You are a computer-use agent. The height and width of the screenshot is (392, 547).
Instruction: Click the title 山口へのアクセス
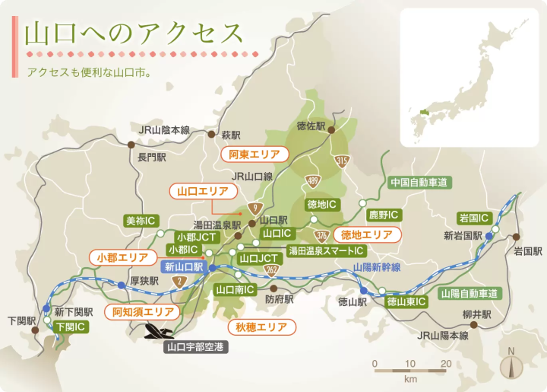coord(134,34)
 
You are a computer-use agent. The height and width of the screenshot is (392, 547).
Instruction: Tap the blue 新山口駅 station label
coord(183,267)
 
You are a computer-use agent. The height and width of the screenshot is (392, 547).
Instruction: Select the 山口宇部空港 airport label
coord(197,346)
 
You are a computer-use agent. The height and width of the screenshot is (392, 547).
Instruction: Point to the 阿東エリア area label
coord(255,154)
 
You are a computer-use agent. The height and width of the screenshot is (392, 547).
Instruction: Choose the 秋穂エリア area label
coord(261,327)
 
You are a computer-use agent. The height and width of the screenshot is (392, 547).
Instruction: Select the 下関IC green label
coord(70,327)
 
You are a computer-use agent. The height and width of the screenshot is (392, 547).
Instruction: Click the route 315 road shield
coord(342,160)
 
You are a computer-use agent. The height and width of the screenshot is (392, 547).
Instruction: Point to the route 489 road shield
coord(313,180)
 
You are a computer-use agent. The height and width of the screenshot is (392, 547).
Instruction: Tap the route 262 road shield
coord(271,269)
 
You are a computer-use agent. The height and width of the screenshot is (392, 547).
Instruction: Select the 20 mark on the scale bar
coord(446,363)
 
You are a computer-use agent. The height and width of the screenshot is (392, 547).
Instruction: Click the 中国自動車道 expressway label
coord(418,183)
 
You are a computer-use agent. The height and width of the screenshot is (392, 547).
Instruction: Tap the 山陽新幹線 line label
coord(377,267)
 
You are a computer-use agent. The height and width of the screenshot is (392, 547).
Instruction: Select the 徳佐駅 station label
coord(311,126)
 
